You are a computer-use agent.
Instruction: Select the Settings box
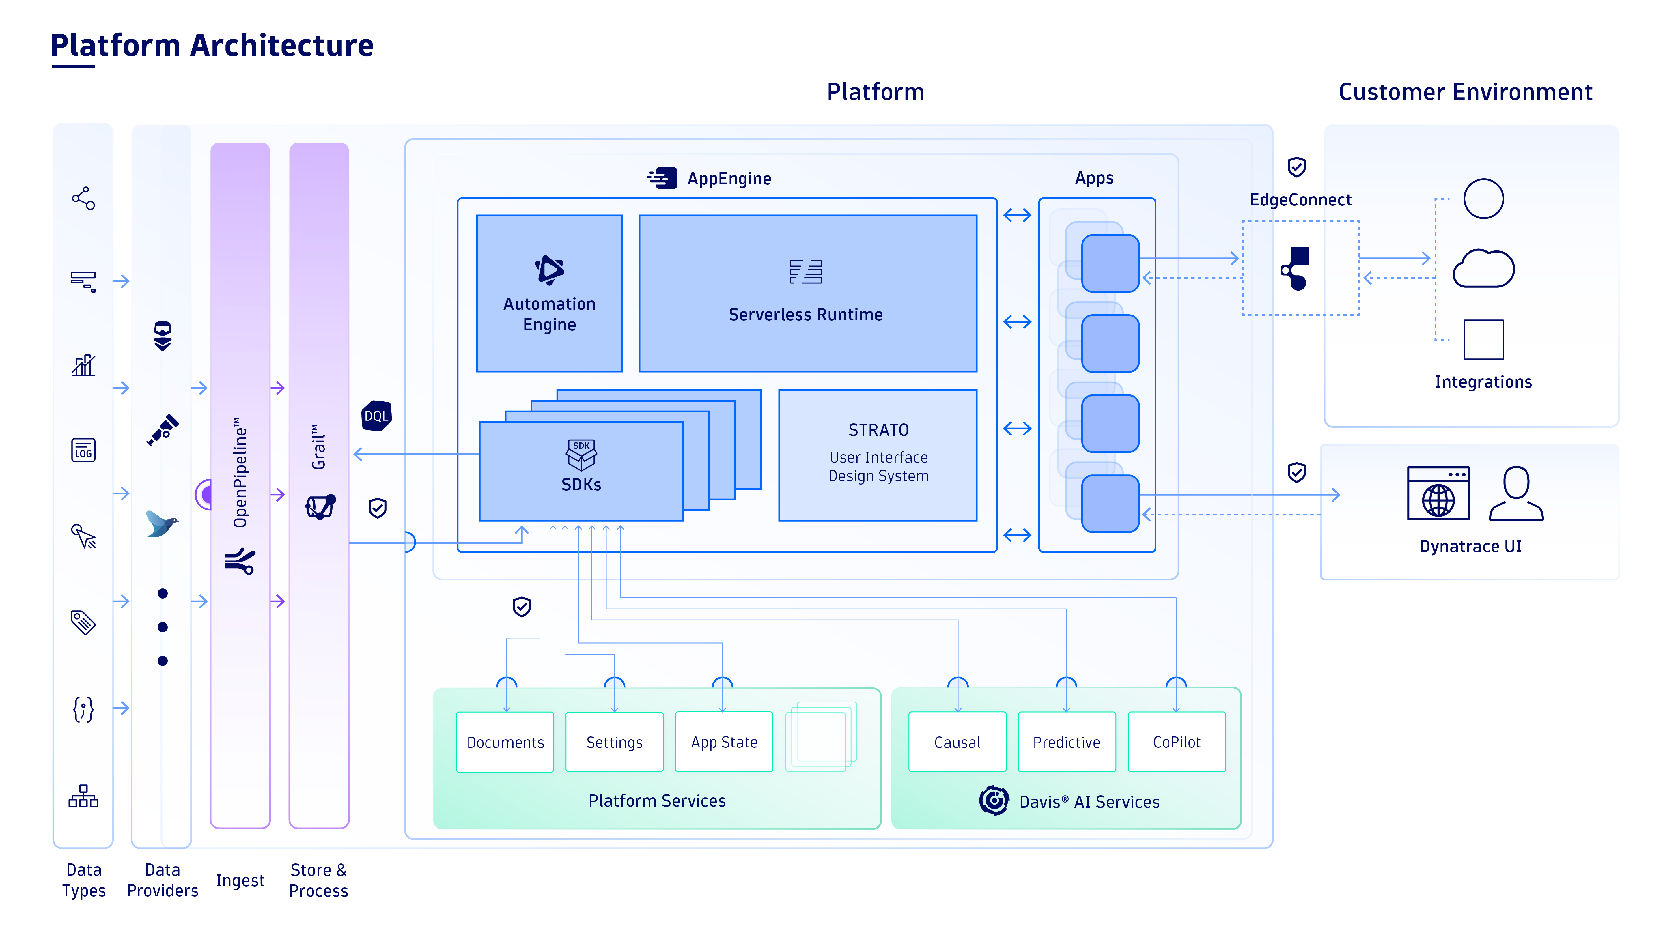click(x=614, y=742)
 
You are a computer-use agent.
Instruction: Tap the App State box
click(x=724, y=742)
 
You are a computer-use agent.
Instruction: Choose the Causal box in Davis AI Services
click(x=957, y=742)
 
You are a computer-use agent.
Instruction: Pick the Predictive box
click(x=1067, y=742)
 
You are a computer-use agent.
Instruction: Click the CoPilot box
click(x=1176, y=742)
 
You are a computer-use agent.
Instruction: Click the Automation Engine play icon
click(x=549, y=270)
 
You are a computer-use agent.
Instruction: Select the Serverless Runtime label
click(x=805, y=314)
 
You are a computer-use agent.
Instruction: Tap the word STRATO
click(x=878, y=430)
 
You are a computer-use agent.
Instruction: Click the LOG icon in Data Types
click(x=83, y=450)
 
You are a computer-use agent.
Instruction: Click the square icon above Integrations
click(x=1483, y=339)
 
